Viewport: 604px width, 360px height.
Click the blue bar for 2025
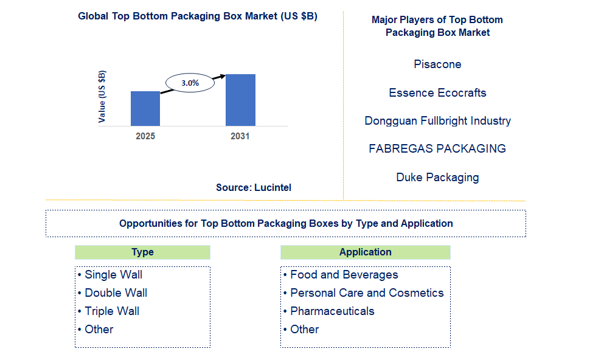coord(145,108)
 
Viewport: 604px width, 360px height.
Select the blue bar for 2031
coord(240,100)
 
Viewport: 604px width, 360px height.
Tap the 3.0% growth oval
coord(190,83)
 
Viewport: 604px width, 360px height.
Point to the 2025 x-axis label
coord(145,136)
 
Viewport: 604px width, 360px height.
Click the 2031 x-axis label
coord(240,136)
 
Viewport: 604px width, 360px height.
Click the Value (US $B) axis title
coord(102,97)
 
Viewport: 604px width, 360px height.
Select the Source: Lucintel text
coord(254,188)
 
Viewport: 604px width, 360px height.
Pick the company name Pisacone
coord(437,64)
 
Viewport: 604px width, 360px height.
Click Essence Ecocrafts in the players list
coord(437,93)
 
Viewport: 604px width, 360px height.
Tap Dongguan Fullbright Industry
coord(437,121)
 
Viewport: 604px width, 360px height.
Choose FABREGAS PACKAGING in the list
coord(437,149)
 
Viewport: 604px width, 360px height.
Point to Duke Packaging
coord(437,178)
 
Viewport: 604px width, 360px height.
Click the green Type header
coord(142,252)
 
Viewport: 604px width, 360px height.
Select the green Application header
coord(365,252)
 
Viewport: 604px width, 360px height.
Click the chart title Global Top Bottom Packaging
coord(198,16)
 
